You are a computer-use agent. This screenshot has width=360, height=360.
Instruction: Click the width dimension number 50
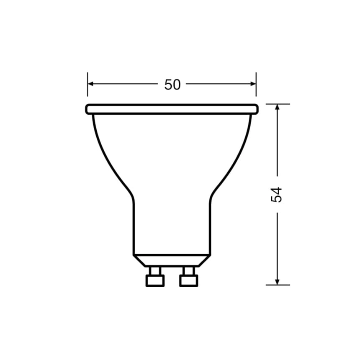(x=172, y=85)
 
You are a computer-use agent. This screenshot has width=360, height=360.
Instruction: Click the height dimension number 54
(x=277, y=195)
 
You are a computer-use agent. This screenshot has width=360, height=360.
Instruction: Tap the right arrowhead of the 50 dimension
(x=253, y=84)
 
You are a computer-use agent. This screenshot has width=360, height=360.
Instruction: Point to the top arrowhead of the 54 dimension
(x=277, y=107)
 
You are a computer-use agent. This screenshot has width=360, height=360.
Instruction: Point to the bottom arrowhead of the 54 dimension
(x=277, y=282)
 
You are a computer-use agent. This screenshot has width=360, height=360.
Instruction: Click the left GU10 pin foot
(x=155, y=280)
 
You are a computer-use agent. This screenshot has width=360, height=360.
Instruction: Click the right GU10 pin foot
(x=188, y=280)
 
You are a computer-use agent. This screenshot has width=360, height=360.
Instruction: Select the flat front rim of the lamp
(x=172, y=109)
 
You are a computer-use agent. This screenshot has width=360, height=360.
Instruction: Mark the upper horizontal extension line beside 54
(x=278, y=104)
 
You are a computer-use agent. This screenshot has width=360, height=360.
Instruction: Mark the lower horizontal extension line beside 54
(x=278, y=285)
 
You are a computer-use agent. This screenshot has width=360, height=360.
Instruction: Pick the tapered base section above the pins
(x=172, y=260)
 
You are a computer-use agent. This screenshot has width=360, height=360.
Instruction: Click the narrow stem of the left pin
(x=155, y=271)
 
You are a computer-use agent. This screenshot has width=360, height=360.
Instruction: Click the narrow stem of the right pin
(x=188, y=271)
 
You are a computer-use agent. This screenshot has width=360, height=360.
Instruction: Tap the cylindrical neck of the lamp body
(x=172, y=226)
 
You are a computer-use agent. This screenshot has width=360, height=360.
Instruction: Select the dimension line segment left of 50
(x=126, y=84)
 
